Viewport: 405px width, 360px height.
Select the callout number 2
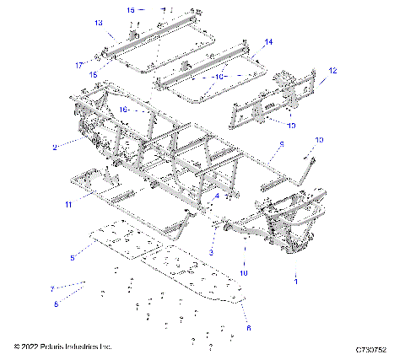coord(54,147)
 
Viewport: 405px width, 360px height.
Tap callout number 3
coord(212,252)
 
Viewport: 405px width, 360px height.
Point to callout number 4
coord(217,196)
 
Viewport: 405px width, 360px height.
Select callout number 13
coord(99,23)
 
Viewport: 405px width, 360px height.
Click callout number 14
coord(269,41)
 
